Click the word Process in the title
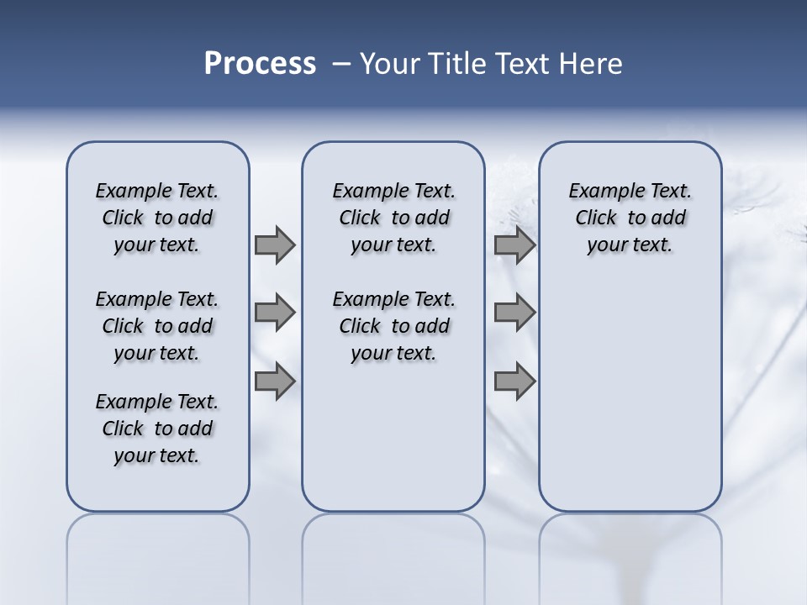pos(260,64)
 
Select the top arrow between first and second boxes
pos(275,245)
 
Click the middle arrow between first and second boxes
pos(275,313)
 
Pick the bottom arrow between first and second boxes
pos(275,381)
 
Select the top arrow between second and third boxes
pos(514,245)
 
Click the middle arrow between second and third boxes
pos(514,313)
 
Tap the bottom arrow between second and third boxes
pos(514,381)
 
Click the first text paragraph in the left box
pos(157,218)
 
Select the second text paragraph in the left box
pos(157,326)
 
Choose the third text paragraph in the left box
pos(157,429)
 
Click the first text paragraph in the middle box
pos(394,218)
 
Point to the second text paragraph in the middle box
pos(394,326)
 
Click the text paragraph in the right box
pos(630,218)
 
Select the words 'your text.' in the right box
pos(630,245)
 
